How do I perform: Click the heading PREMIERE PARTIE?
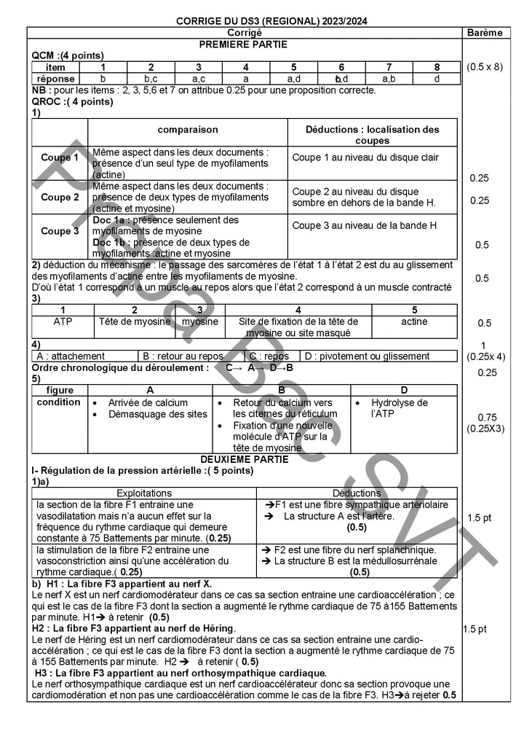(245, 44)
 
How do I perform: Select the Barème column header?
(486, 33)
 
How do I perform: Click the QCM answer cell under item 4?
(245, 79)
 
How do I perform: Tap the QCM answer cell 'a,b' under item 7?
(389, 79)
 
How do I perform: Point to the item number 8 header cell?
(437, 67)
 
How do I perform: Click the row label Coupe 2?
(60, 197)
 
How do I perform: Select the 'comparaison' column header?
(188, 130)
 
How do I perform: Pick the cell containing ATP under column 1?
(63, 321)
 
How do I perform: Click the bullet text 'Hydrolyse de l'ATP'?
(400, 407)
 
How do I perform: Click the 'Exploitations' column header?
(144, 493)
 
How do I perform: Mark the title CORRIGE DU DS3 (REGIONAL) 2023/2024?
(271, 21)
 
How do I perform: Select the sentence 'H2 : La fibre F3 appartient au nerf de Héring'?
(134, 628)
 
